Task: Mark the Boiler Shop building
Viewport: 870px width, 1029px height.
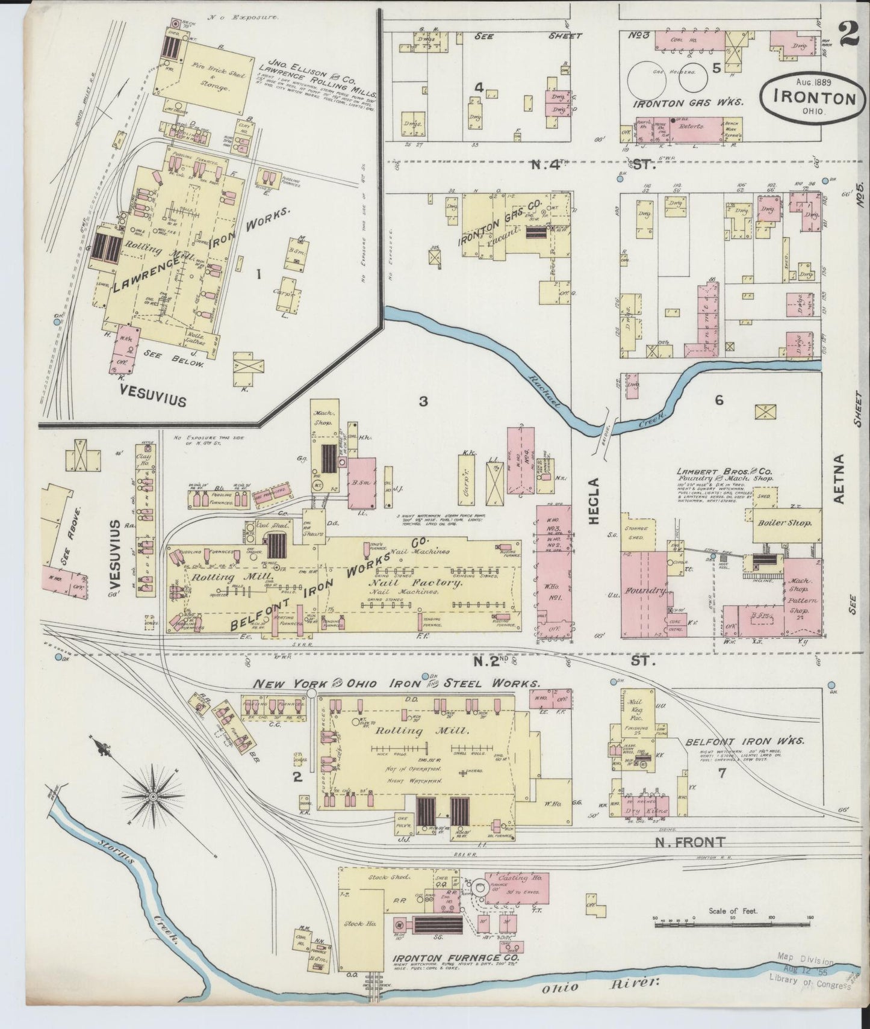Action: point(781,523)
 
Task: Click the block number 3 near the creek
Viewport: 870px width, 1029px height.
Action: point(423,401)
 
